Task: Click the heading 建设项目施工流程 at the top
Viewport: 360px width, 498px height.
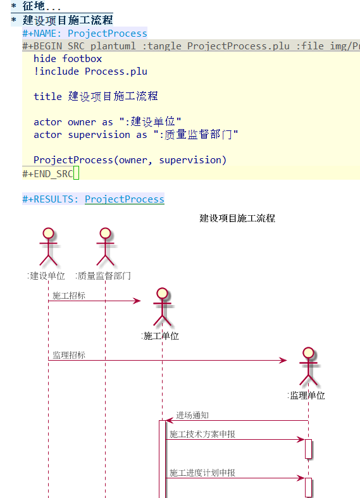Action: tap(68, 20)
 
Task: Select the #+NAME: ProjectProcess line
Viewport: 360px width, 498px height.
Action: tap(85, 34)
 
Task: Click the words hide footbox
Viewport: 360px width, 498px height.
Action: tap(68, 59)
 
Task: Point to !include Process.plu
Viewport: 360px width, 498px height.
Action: tap(90, 72)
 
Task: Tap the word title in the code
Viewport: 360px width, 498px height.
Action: tap(47, 96)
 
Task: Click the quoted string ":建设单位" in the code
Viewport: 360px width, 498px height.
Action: tap(150, 121)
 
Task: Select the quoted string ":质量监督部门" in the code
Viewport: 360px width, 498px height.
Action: tap(196, 134)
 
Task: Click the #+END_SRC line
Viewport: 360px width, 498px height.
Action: tap(47, 174)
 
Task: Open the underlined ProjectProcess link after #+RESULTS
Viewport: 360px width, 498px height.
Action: tap(125, 199)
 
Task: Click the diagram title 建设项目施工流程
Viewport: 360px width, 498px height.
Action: tap(237, 218)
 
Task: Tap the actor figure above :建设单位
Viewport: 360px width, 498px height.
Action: tap(48, 246)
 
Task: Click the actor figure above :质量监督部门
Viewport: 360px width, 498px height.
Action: tap(106, 246)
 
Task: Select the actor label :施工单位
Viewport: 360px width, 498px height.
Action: tap(160, 336)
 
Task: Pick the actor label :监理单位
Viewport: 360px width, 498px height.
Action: tap(306, 395)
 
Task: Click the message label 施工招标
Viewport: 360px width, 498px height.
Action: tap(69, 296)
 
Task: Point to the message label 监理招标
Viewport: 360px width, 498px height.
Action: tap(69, 355)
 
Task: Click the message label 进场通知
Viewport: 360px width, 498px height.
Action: tap(192, 415)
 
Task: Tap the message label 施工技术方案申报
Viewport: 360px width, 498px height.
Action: tap(202, 434)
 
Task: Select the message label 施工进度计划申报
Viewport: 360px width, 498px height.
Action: tap(202, 473)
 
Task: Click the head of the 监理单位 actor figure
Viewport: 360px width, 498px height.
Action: tap(308, 352)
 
